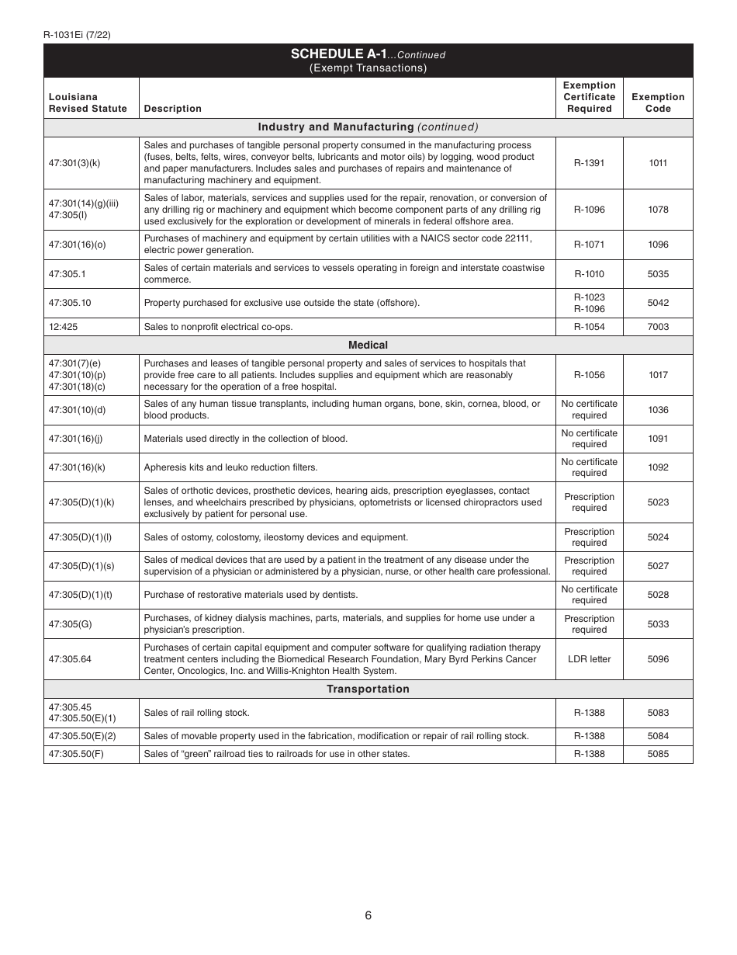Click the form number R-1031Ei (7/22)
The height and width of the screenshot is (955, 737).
point(77,34)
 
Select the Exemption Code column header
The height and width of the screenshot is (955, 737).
point(658,102)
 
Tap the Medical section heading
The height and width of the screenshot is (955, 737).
point(368,345)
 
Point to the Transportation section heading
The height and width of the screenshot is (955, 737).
point(368,689)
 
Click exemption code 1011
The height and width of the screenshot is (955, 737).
point(658,163)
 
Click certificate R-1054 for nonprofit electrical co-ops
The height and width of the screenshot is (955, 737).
point(589,327)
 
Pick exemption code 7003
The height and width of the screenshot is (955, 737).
point(658,327)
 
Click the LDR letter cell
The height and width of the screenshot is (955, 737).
point(589,659)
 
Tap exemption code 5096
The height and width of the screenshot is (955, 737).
point(658,659)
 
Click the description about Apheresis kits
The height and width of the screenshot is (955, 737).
point(230,467)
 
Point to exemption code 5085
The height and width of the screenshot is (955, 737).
point(658,754)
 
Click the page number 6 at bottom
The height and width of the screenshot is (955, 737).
point(368,915)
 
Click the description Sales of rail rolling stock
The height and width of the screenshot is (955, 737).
point(197,713)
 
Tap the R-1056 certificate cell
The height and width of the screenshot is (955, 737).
point(589,375)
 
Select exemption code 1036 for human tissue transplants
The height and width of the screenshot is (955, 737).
point(658,410)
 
